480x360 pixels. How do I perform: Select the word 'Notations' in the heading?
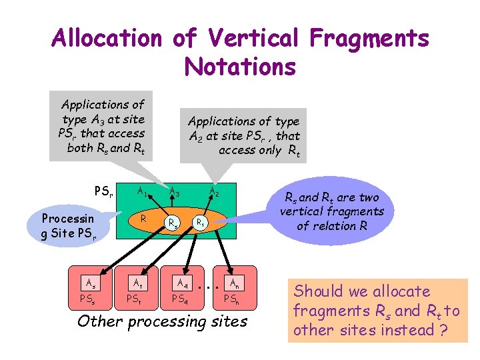240,67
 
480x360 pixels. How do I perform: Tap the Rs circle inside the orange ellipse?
173,223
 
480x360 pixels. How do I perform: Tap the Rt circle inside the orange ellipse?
199,221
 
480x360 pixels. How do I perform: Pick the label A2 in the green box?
215,193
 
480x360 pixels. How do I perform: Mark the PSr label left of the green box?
103,192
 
